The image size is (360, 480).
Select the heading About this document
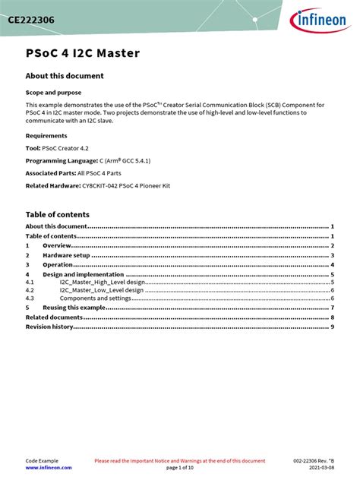click(65, 76)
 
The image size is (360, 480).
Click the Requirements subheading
click(46, 136)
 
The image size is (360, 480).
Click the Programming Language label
click(62, 161)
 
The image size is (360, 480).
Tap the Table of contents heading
click(58, 215)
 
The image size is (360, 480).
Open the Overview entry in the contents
click(57, 246)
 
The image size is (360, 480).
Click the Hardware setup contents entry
click(66, 256)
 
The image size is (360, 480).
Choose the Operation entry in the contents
click(58, 265)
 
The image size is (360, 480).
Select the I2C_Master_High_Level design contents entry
click(102, 282)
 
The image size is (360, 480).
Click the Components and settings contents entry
click(95, 298)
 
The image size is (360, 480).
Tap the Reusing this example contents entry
click(74, 308)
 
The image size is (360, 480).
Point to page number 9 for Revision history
click(333, 327)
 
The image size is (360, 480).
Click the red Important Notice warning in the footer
click(179, 461)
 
